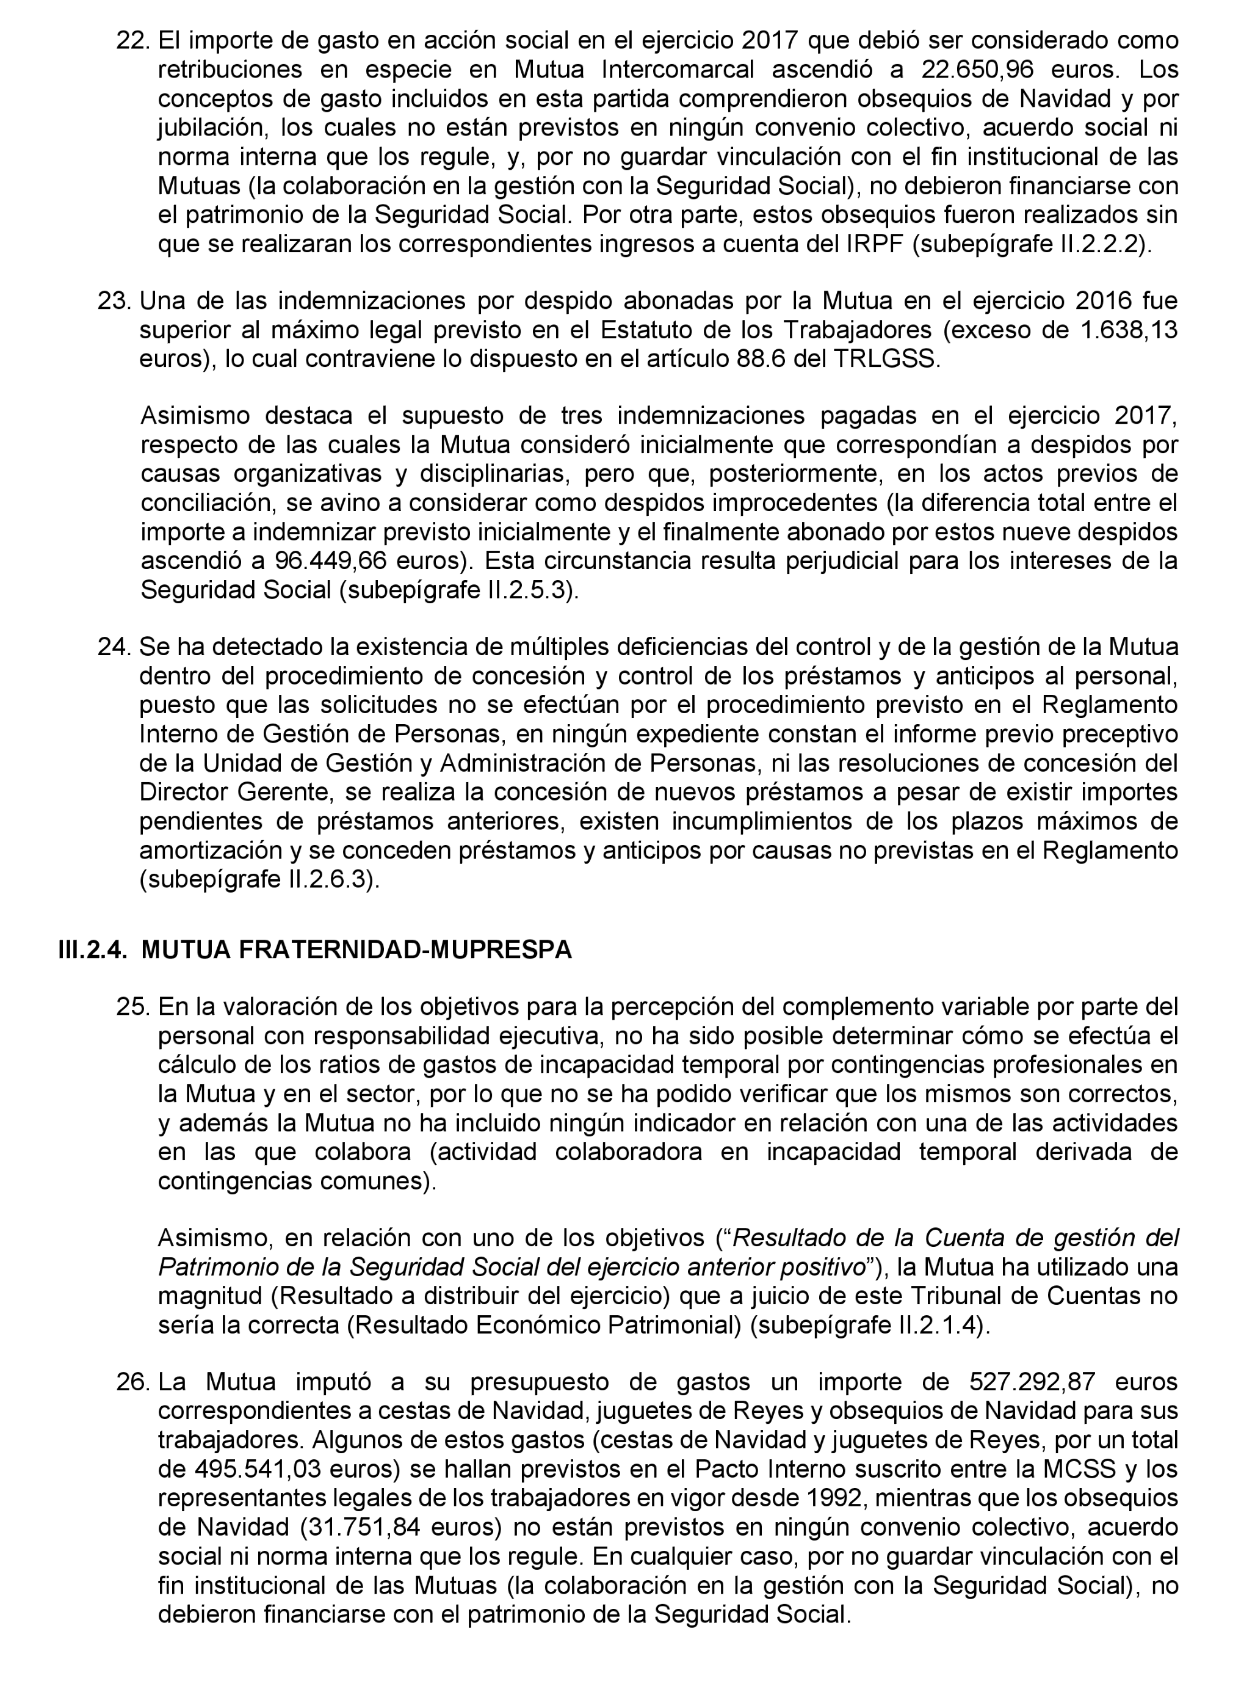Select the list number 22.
[x=134, y=40]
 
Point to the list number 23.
[x=115, y=301]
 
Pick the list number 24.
[x=115, y=647]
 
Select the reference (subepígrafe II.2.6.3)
[x=259, y=880]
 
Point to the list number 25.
[x=134, y=1007]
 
